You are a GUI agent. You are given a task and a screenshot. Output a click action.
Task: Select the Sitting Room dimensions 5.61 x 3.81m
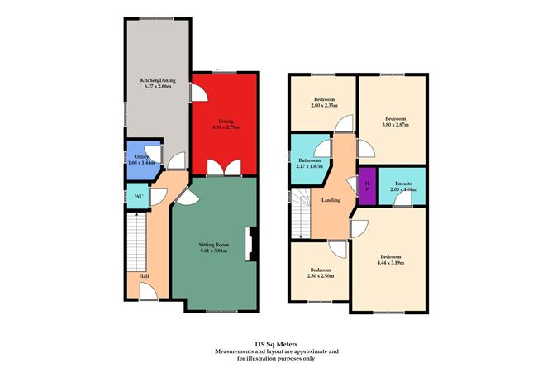[x=221, y=250]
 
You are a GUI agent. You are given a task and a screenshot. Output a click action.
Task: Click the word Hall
[x=144, y=275]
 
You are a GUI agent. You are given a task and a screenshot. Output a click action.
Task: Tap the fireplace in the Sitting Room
[x=254, y=245]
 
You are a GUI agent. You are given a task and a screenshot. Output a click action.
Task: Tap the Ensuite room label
[x=404, y=186]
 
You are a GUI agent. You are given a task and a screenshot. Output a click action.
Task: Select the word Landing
[x=331, y=199]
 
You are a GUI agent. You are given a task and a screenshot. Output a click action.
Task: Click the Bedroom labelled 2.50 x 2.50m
[x=321, y=273]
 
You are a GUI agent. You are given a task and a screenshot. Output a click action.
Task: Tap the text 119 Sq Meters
[x=276, y=342]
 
